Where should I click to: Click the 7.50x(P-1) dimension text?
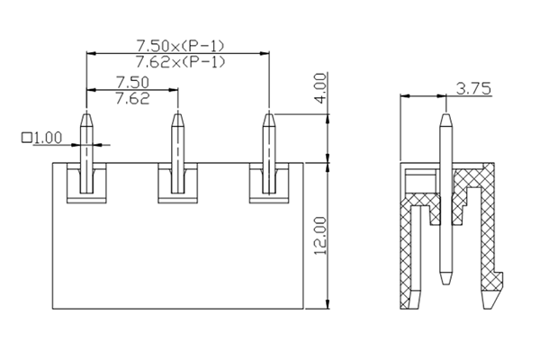179,44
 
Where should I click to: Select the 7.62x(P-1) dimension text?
179,61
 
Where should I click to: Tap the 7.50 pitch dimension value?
132,82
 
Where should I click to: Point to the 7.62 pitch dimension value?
132,98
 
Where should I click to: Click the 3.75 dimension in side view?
473,88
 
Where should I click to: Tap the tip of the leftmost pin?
86,113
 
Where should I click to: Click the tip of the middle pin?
177,113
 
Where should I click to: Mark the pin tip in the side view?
446,114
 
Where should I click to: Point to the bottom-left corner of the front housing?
52,309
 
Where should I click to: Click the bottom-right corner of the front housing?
303,309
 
